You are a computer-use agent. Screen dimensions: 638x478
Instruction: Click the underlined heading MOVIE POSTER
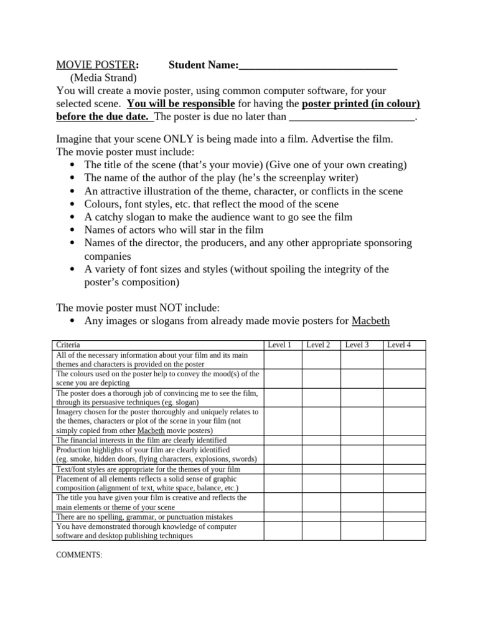pyautogui.click(x=95, y=65)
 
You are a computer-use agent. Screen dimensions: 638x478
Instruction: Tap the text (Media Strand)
pyautogui.click(x=103, y=78)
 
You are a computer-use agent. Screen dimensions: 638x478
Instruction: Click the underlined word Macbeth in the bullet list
pyautogui.click(x=370, y=321)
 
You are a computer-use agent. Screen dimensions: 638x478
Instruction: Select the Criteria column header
pyautogui.click(x=68, y=345)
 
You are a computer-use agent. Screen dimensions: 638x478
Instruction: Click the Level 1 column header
pyautogui.click(x=279, y=345)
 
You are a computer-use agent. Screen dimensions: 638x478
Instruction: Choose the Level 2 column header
pyautogui.click(x=319, y=345)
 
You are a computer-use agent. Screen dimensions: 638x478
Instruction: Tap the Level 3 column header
pyautogui.click(x=357, y=345)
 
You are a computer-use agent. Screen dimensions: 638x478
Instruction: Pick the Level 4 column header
pyautogui.click(x=400, y=345)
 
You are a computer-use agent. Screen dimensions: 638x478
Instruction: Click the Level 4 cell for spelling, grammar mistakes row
pyautogui.click(x=404, y=517)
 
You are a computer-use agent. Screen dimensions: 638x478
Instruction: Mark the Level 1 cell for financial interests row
pyautogui.click(x=283, y=440)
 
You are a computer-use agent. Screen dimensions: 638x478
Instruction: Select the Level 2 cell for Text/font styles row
pyautogui.click(x=322, y=469)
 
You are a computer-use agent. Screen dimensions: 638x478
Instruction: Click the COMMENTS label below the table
pyautogui.click(x=80, y=555)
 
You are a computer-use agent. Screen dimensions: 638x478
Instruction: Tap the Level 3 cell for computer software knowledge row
pyautogui.click(x=361, y=531)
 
